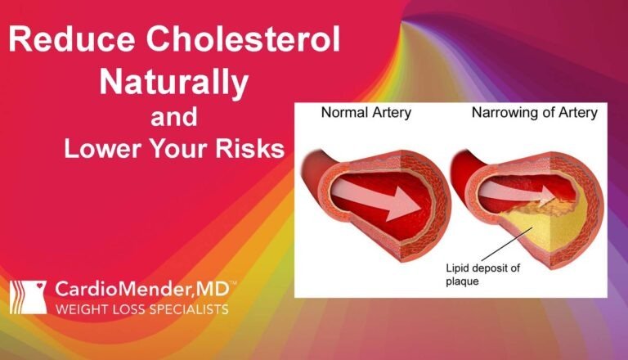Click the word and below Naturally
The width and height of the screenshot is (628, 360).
point(174,116)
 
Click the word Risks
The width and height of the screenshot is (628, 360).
point(244,150)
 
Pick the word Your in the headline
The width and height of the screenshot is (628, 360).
point(182,150)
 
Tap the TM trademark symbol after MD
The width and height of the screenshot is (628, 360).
point(233,283)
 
